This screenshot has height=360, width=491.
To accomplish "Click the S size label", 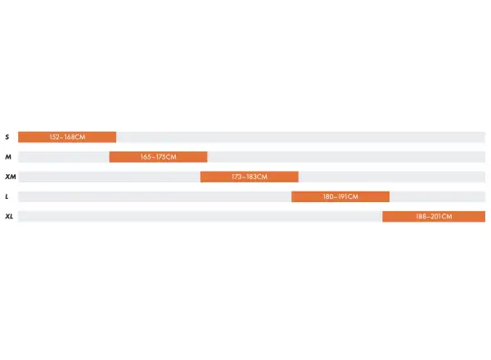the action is (7, 137).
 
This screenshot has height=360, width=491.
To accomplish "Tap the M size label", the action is (8, 157).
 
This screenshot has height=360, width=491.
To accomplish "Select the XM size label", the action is (11, 177).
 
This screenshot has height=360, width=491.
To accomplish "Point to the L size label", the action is (7, 196).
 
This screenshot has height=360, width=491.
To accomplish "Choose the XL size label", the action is (9, 216).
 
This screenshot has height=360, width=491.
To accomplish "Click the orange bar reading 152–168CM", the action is (67, 137).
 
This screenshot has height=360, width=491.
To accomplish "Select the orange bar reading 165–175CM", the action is (158, 157).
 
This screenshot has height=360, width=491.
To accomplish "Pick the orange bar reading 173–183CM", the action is (250, 177).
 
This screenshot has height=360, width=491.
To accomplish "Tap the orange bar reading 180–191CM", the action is (340, 196).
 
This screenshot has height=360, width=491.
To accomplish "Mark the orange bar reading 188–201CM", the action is (434, 216).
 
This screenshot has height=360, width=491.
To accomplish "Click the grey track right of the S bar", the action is (300, 137).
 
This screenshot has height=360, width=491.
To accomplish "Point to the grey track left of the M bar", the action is (64, 157).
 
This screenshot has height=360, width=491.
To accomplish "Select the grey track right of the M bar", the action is (346, 157).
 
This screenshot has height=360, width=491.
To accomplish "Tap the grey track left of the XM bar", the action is (110, 177).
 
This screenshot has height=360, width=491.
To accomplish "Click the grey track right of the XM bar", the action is (392, 177).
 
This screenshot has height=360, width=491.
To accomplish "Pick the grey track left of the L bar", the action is (155, 196).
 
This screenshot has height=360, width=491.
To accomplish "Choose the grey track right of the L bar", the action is (438, 196).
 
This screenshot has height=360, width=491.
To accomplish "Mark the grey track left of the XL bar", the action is (200, 216).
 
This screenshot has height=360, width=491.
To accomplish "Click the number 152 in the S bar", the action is (55, 137).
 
